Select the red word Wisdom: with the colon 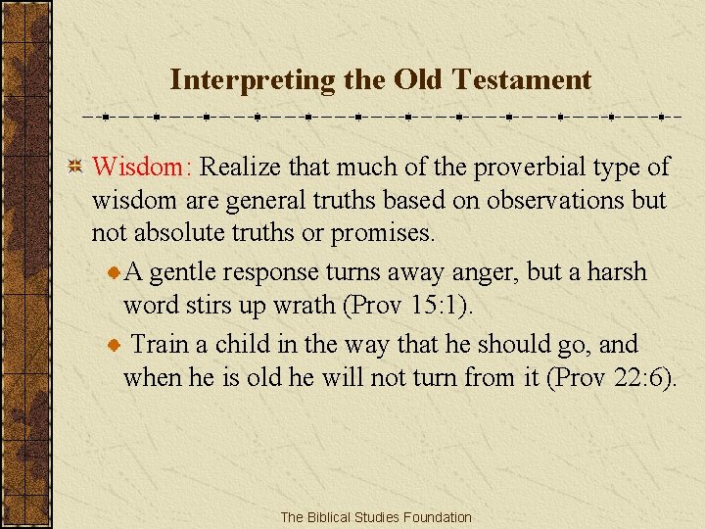(x=143, y=167)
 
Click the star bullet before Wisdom (x=75, y=167)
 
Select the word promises (x=383, y=234)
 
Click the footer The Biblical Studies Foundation (x=375, y=516)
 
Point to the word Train (x=159, y=345)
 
